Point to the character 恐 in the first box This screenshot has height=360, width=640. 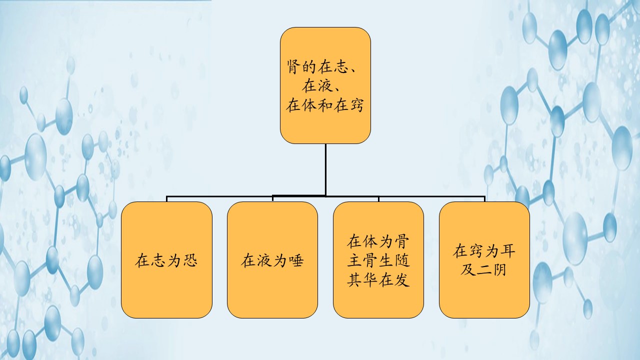click(189, 260)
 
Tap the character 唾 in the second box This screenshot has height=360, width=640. click(295, 260)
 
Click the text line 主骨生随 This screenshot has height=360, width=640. click(378, 260)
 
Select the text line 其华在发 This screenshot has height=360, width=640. click(378, 279)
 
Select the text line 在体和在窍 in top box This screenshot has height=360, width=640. click(325, 105)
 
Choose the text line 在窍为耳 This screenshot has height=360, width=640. click(484, 251)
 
